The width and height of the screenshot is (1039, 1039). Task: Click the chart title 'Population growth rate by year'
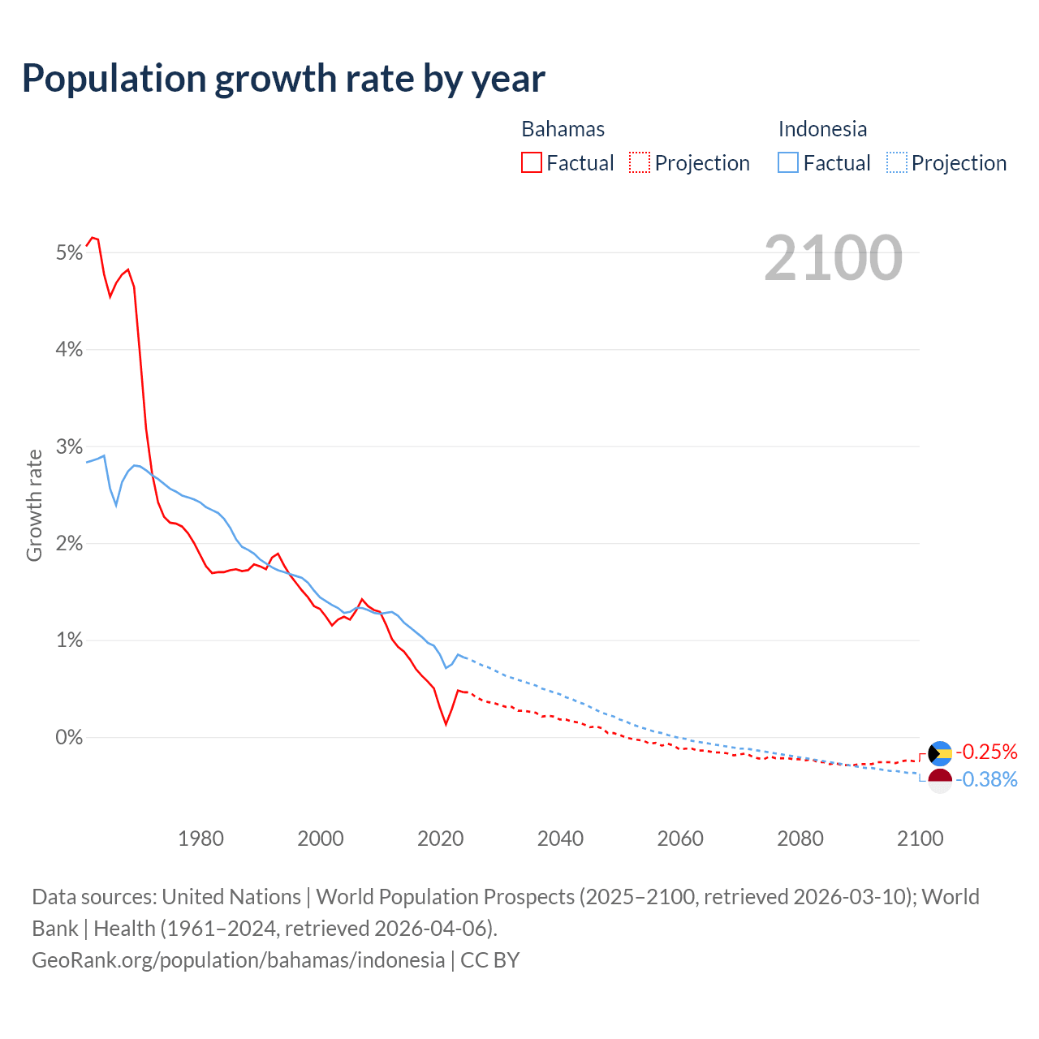click(283, 79)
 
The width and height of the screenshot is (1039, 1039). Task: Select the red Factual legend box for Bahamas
click(532, 162)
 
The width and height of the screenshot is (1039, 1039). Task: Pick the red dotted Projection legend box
click(640, 162)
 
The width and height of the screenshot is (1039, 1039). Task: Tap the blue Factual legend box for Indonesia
click(788, 162)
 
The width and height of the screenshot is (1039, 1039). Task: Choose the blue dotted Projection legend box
click(896, 162)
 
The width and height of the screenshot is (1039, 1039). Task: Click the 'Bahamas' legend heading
click(563, 129)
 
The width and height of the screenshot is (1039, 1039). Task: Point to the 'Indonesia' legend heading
click(822, 129)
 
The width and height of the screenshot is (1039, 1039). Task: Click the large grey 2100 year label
click(833, 258)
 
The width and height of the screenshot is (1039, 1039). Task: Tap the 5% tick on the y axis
click(70, 253)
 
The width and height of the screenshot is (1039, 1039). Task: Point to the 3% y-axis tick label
click(70, 447)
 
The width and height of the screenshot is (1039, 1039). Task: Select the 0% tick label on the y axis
click(70, 738)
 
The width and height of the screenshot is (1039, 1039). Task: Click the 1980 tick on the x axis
click(200, 839)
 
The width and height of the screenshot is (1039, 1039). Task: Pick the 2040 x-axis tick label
click(560, 839)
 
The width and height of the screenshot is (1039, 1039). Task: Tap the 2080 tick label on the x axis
click(800, 839)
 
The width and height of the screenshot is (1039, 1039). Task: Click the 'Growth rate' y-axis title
click(34, 505)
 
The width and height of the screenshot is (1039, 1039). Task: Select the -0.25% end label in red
click(985, 752)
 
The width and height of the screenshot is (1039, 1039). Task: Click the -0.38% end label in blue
click(985, 780)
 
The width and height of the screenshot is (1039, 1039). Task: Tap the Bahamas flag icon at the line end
click(939, 753)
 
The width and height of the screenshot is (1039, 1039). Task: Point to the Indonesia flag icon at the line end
click(939, 781)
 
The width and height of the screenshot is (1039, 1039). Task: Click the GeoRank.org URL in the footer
click(238, 959)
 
